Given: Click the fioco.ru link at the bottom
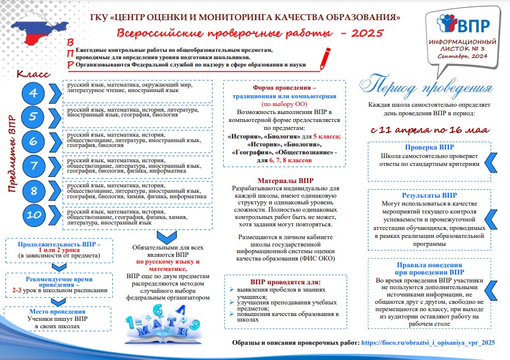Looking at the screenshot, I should pyautogui.click(x=428, y=344).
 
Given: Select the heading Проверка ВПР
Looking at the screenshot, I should pyautogui.click(x=429, y=148).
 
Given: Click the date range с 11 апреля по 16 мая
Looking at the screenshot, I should pyautogui.click(x=429, y=129).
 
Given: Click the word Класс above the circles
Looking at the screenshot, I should pyautogui.click(x=33, y=74).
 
